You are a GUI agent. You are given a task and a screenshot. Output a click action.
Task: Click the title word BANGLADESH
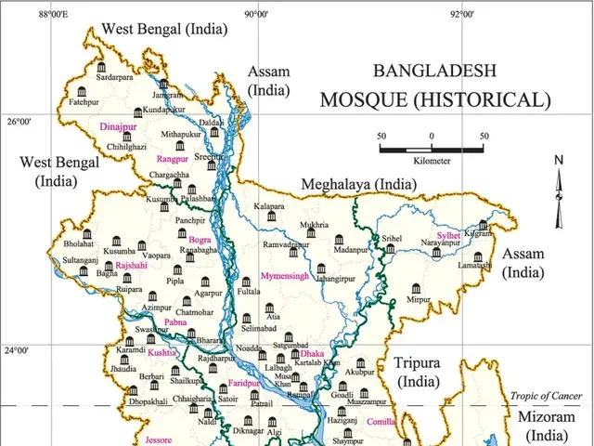(433, 71)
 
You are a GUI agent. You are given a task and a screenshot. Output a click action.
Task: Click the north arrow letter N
(559, 160)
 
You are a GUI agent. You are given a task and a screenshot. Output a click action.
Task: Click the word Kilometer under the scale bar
(432, 161)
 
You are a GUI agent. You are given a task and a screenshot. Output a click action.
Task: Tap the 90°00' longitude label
(257, 14)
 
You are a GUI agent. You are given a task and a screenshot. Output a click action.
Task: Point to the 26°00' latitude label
(19, 122)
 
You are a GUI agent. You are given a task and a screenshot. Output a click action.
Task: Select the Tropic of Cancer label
(546, 397)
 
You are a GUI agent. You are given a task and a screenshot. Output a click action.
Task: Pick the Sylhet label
(448, 236)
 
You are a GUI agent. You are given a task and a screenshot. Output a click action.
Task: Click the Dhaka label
(313, 353)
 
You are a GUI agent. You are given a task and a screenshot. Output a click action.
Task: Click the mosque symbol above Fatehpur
(83, 90)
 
